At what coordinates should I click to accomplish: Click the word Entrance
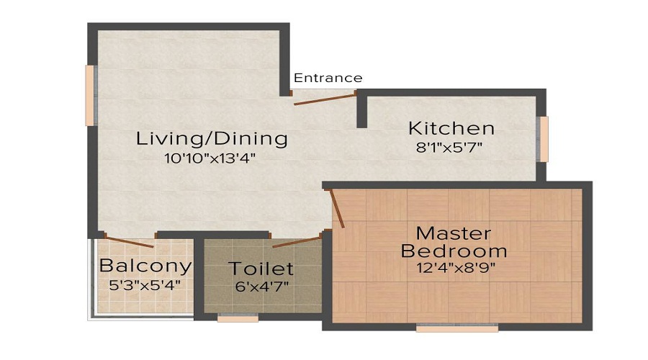coord(328,78)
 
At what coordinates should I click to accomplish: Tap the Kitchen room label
coord(451,129)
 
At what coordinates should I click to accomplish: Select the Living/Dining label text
coord(212,138)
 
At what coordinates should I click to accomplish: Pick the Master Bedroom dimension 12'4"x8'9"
coord(454,269)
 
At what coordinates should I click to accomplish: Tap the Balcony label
coord(145,266)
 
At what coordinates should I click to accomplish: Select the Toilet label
coord(261,269)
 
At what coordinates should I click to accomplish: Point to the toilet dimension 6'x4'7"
coord(262,287)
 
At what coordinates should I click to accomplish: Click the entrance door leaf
coord(325,99)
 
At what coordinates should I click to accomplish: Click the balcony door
coord(129,241)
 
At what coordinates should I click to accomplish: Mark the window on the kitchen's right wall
coord(544,139)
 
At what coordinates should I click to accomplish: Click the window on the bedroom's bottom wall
coord(457,328)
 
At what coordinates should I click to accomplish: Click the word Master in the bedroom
coord(454,234)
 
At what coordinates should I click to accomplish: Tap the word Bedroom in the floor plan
coord(454,251)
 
